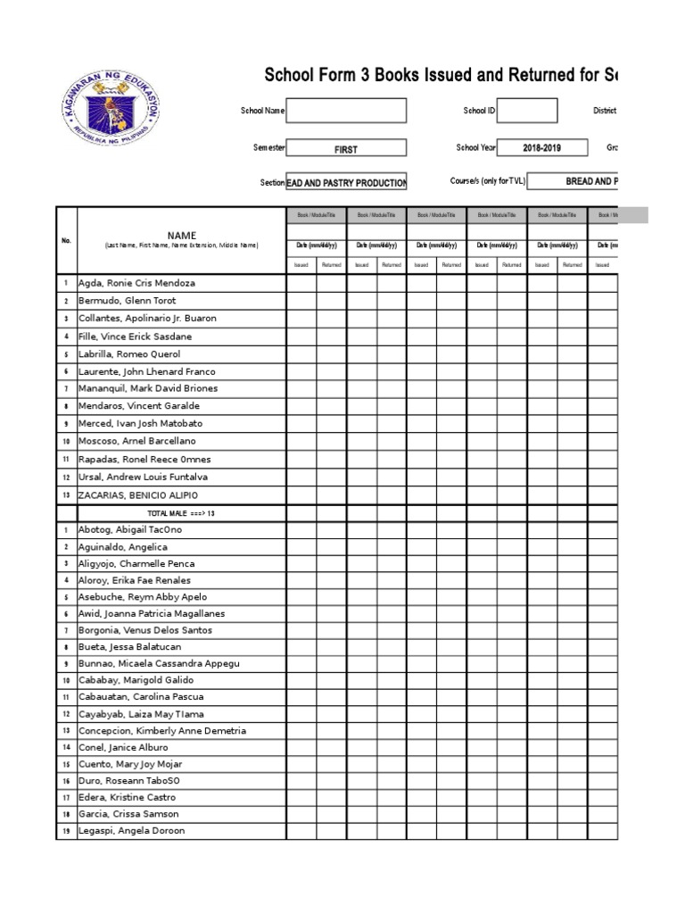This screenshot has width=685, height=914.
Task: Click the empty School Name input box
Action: click(x=346, y=111)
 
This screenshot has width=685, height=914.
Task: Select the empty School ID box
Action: click(x=528, y=111)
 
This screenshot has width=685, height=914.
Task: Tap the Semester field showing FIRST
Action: click(x=346, y=149)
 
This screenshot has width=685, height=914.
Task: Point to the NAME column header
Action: click(x=181, y=236)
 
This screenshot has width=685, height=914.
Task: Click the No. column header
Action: click(x=66, y=240)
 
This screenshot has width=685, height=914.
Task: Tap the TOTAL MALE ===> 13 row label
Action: click(x=181, y=513)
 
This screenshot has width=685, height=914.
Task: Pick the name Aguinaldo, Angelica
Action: click(x=123, y=547)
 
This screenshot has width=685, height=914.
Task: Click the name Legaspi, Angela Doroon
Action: click(x=132, y=831)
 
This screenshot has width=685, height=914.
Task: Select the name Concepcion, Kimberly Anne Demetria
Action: click(x=162, y=731)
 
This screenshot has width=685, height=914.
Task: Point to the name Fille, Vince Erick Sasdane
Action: click(x=135, y=337)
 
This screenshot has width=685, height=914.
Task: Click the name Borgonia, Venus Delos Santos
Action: click(x=143, y=630)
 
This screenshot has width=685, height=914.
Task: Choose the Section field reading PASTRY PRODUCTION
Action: click(x=346, y=183)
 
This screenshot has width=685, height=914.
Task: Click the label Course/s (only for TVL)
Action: click(x=487, y=181)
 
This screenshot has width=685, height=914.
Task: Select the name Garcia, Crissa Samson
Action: click(x=128, y=814)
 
